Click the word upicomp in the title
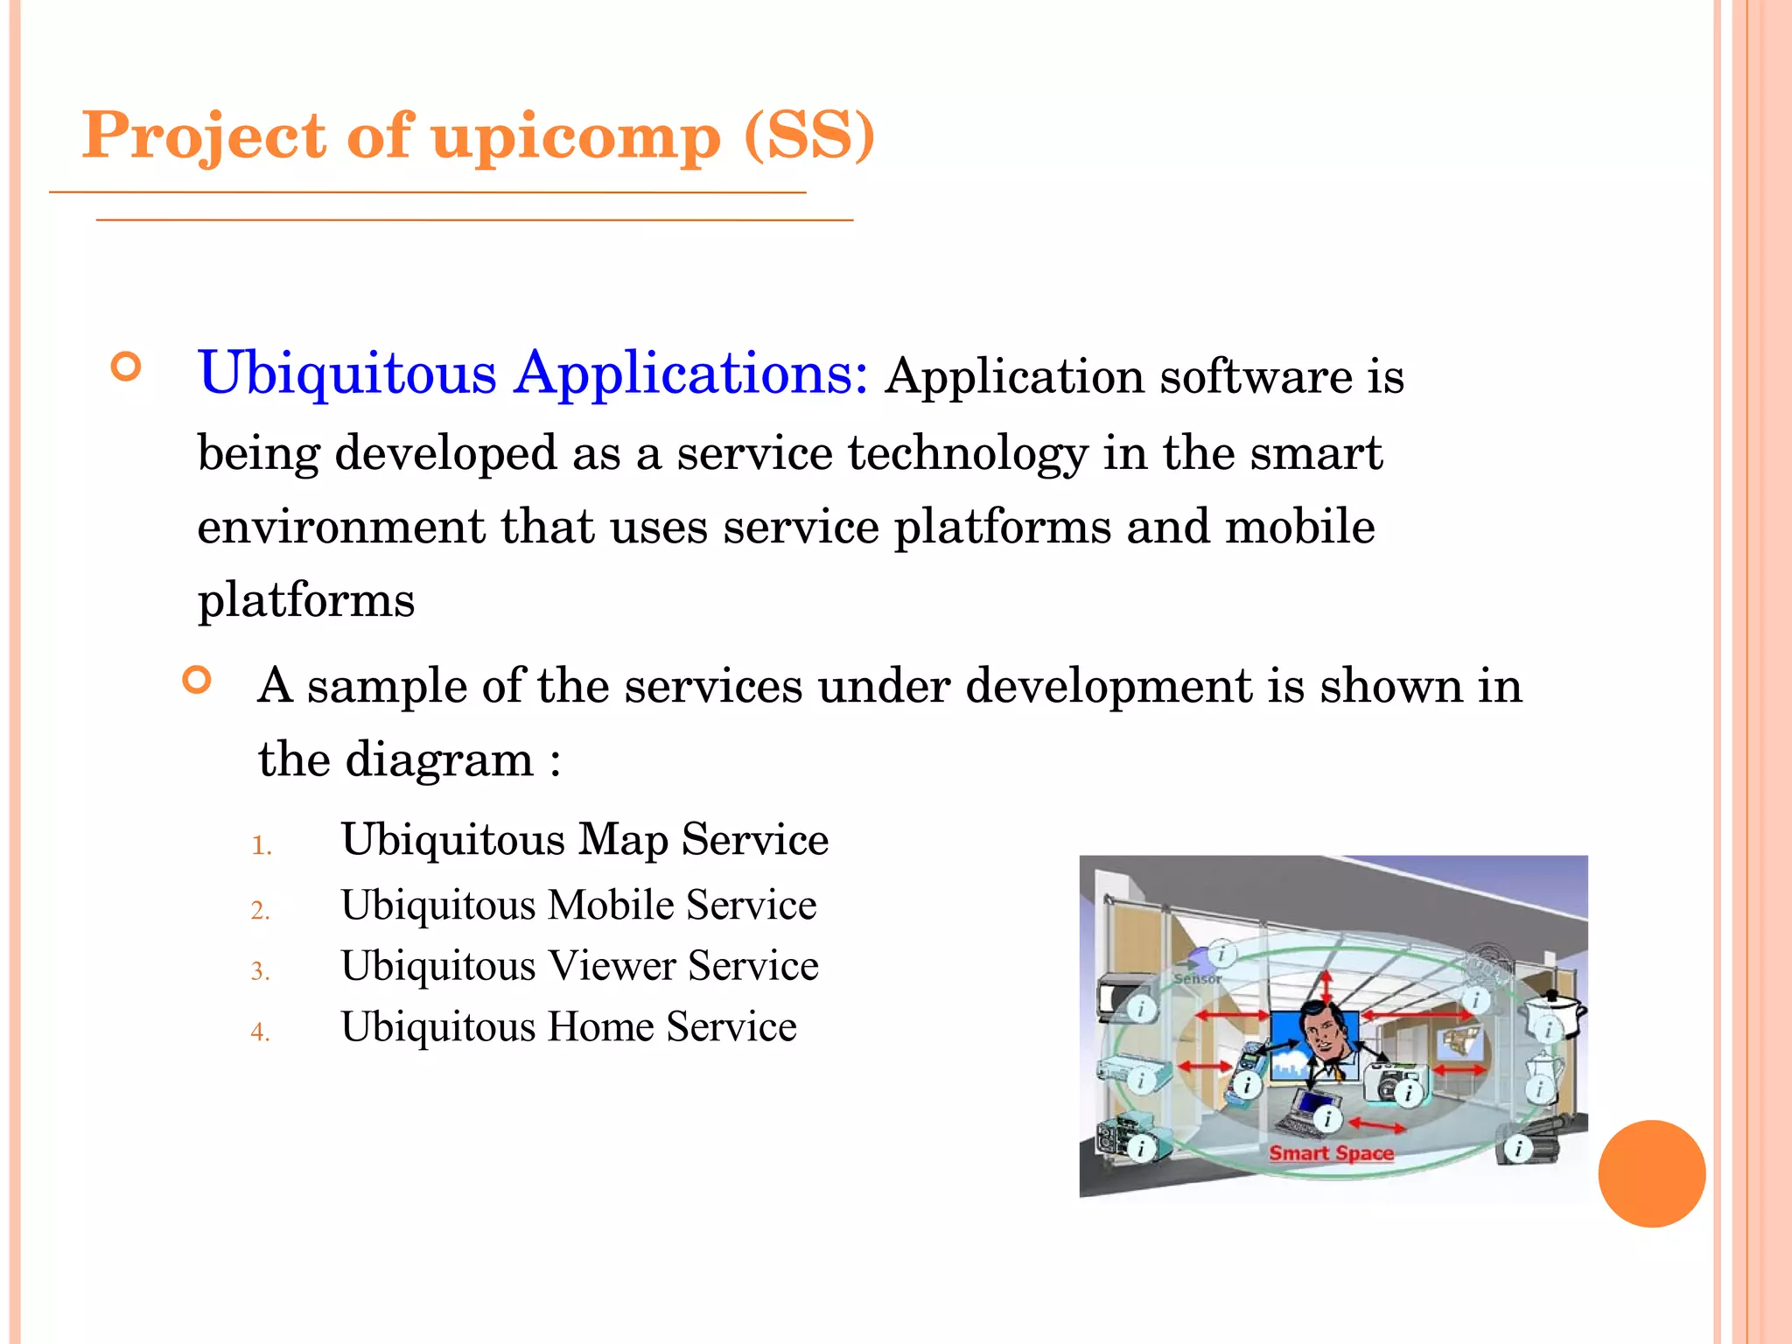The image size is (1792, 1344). tap(576, 136)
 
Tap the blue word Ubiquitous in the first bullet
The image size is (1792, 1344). tap(347, 374)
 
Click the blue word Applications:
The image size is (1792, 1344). tap(690, 374)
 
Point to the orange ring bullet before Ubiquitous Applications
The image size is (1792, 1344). tap(127, 366)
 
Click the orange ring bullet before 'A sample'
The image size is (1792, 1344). tap(198, 680)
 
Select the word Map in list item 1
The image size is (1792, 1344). tap(623, 839)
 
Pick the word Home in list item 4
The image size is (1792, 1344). tap(599, 1026)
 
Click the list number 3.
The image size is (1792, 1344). tap(260, 971)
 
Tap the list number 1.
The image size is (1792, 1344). tap(261, 845)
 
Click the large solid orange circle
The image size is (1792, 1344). tap(1651, 1173)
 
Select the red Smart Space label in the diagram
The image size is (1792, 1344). tap(1331, 1153)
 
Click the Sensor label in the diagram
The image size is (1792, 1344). tap(1196, 979)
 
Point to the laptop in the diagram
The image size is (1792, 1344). tap(1309, 1113)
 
